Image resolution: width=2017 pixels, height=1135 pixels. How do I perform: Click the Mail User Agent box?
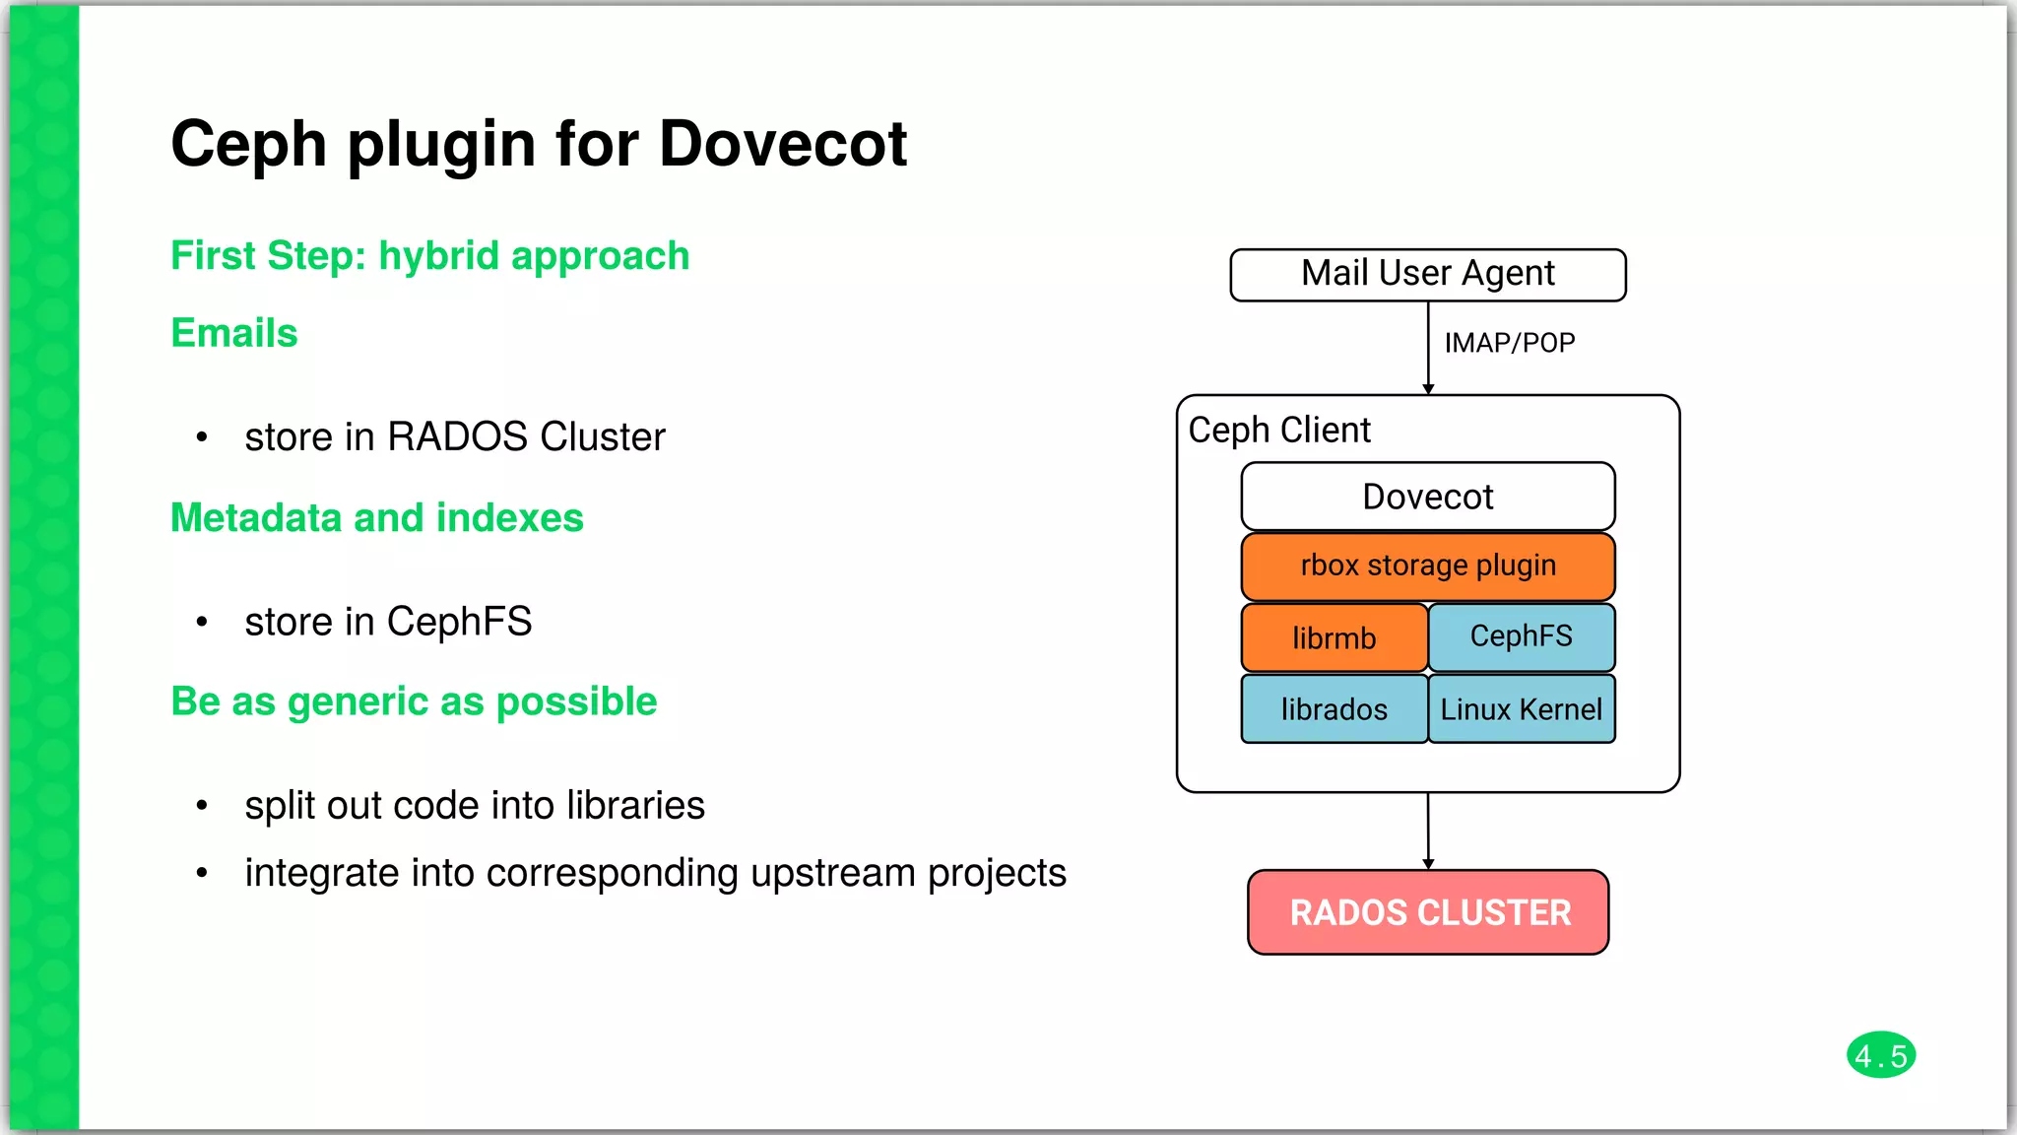click(1427, 274)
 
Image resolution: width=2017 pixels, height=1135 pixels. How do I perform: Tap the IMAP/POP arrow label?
click(1509, 343)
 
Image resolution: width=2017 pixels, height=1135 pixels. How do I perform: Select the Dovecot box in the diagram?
click(1427, 497)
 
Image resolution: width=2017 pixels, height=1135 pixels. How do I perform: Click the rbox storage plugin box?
click(1427, 566)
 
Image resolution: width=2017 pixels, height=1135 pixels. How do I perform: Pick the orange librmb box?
click(1334, 638)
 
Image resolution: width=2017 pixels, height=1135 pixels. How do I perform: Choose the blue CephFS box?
click(1521, 636)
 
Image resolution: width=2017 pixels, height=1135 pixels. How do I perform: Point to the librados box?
click(1334, 709)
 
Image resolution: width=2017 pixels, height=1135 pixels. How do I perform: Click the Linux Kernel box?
click(1521, 709)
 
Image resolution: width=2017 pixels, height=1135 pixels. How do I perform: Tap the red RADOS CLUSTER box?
click(1428, 912)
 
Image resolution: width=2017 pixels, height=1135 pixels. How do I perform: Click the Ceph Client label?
click(1279, 431)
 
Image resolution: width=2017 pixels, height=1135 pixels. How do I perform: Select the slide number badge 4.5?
click(1880, 1056)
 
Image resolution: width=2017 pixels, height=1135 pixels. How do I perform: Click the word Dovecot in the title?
click(782, 144)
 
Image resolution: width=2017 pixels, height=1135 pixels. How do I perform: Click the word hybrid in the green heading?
click(439, 256)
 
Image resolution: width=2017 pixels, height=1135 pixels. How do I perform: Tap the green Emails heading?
click(234, 333)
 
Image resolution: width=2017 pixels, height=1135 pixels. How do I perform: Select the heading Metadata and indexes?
click(377, 518)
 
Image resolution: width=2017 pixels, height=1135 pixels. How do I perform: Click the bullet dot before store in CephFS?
click(202, 622)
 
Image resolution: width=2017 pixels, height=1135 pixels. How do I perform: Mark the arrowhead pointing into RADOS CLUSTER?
click(1428, 864)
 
